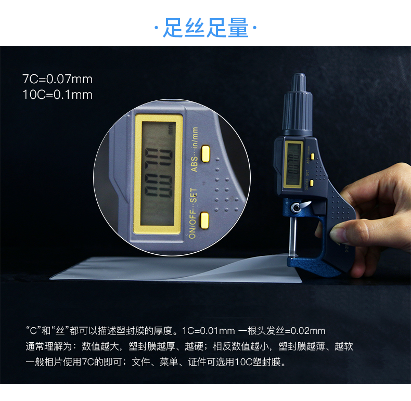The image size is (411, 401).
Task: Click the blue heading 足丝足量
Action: (x=205, y=28)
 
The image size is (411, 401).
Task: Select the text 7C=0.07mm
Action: (x=57, y=79)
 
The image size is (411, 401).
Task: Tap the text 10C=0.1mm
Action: (x=57, y=95)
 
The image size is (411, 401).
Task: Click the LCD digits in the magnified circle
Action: (x=159, y=173)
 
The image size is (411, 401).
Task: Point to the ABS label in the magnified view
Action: (x=194, y=164)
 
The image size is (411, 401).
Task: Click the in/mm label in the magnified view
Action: (x=195, y=138)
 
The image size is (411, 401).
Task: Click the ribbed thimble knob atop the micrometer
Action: (x=298, y=105)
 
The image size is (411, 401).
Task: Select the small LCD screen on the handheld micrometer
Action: (x=293, y=165)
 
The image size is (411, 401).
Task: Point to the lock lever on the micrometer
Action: (x=301, y=206)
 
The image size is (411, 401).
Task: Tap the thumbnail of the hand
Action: (x=337, y=234)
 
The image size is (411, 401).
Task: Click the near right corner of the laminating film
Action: (x=301, y=282)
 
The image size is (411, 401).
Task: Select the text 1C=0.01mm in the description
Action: (x=209, y=331)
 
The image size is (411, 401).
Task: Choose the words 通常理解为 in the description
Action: (x=49, y=346)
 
